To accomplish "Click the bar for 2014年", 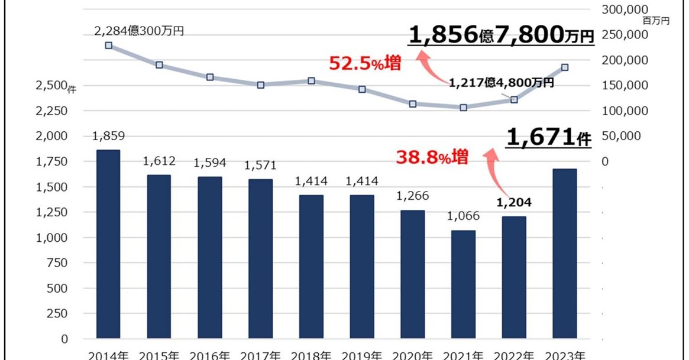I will (x=108, y=244).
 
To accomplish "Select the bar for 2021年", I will (x=463, y=284).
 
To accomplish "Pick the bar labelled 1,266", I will (x=413, y=274).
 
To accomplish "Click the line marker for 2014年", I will (x=109, y=45).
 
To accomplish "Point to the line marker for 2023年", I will (x=565, y=67).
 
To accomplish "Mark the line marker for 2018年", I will (x=311, y=81).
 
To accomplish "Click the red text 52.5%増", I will (x=365, y=64).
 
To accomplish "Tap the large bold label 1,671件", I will (x=549, y=139).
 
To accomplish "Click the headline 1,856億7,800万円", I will (x=500, y=35).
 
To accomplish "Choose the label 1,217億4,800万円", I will (x=501, y=83).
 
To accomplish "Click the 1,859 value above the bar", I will (x=108, y=137).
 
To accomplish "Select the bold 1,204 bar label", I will (x=513, y=202).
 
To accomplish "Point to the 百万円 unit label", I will (x=657, y=21).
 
